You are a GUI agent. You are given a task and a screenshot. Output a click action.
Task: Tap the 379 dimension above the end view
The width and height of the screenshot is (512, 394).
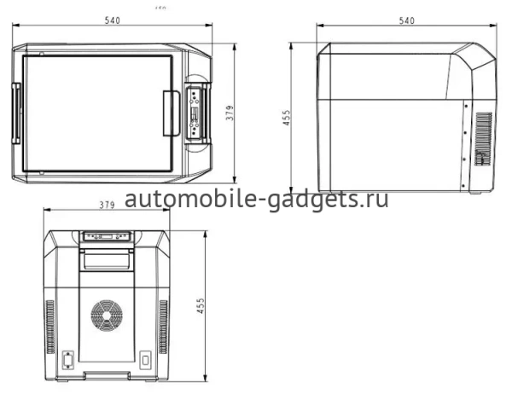click(x=107, y=205)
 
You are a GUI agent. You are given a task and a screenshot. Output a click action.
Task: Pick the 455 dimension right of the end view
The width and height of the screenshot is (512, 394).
click(x=201, y=305)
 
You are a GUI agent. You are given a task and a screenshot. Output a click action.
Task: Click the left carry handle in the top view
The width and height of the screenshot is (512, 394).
click(x=15, y=111)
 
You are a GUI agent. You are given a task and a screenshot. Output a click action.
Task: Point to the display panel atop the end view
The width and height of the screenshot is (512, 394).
click(x=107, y=237)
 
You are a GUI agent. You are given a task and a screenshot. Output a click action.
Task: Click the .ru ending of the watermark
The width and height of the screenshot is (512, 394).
click(x=375, y=200)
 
